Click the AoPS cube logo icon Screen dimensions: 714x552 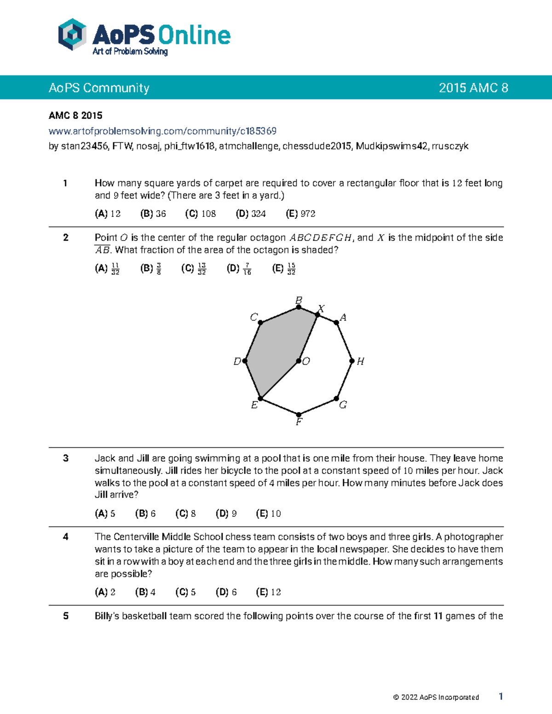click(x=72, y=34)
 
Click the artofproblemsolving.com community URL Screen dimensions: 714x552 click(x=162, y=131)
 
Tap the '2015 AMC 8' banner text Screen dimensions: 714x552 click(x=473, y=88)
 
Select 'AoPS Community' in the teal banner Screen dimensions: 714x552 click(x=99, y=88)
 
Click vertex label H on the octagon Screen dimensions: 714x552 click(x=361, y=361)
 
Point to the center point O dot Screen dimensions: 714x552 click(x=299, y=361)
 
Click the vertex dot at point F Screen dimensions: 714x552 click(x=299, y=415)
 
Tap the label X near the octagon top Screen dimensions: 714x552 click(x=322, y=308)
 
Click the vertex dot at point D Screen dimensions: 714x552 click(x=245, y=361)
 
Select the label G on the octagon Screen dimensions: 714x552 click(x=343, y=405)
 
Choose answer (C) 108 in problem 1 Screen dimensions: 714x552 click(x=201, y=214)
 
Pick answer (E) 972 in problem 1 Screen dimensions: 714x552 click(x=300, y=214)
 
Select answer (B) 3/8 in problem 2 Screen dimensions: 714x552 click(x=151, y=268)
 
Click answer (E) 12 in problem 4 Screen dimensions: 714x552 click(x=268, y=592)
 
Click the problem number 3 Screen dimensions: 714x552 click(x=66, y=458)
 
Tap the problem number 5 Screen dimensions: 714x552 click(x=66, y=616)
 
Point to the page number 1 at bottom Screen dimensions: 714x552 click(x=500, y=697)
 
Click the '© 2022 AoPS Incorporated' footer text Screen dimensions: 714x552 click(x=436, y=697)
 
